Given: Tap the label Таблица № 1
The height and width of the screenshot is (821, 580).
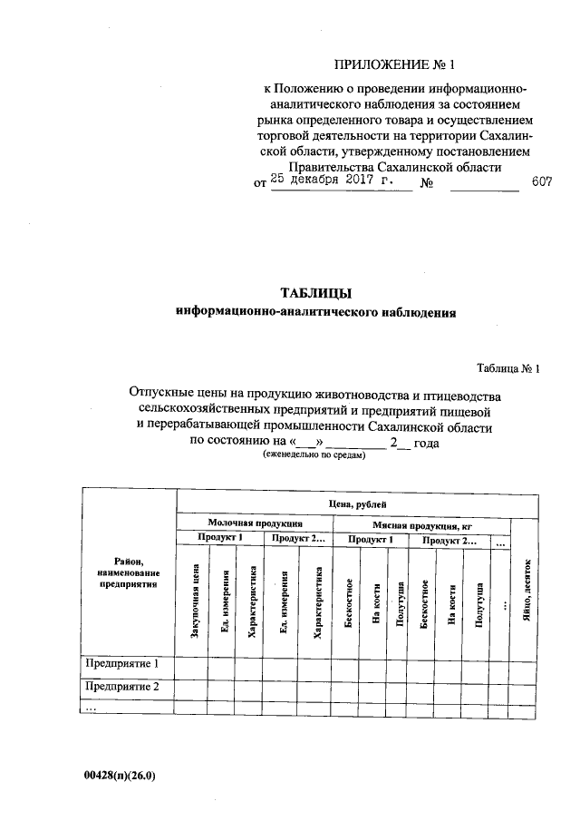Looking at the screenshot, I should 507,368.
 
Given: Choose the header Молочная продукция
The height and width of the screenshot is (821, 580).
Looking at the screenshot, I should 255,524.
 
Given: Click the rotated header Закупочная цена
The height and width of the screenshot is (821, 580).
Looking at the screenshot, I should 195,602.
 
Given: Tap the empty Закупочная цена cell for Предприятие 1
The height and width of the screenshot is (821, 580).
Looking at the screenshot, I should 191,667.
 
